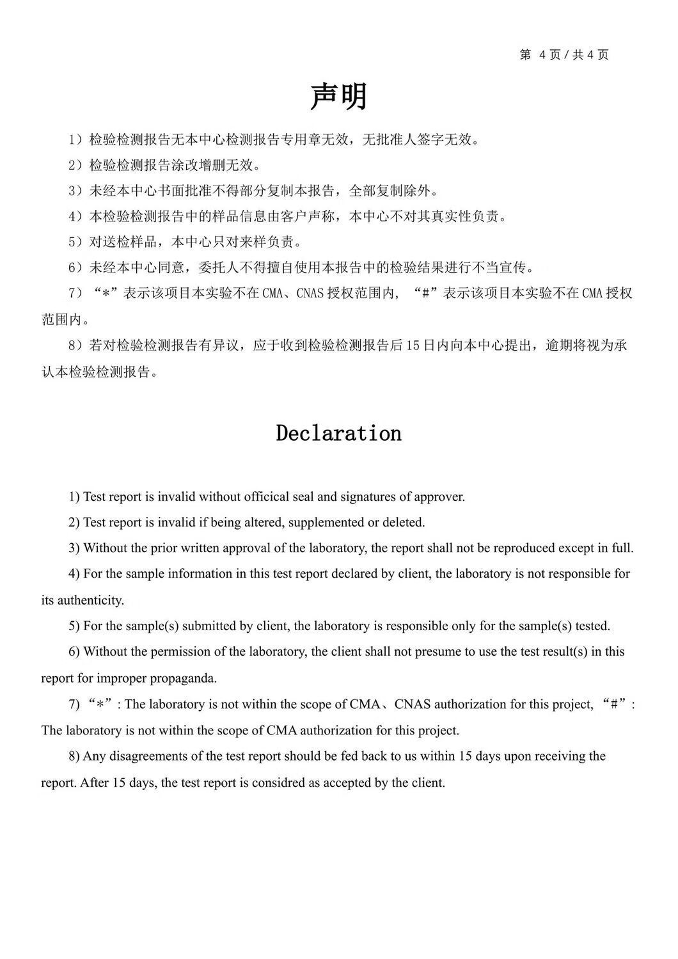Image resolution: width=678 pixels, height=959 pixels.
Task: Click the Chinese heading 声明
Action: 338,97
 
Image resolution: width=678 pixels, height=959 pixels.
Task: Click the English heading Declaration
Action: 338,433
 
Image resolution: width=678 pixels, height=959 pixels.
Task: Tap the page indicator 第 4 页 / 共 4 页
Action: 564,55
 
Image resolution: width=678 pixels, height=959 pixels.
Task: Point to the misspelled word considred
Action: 279,782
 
